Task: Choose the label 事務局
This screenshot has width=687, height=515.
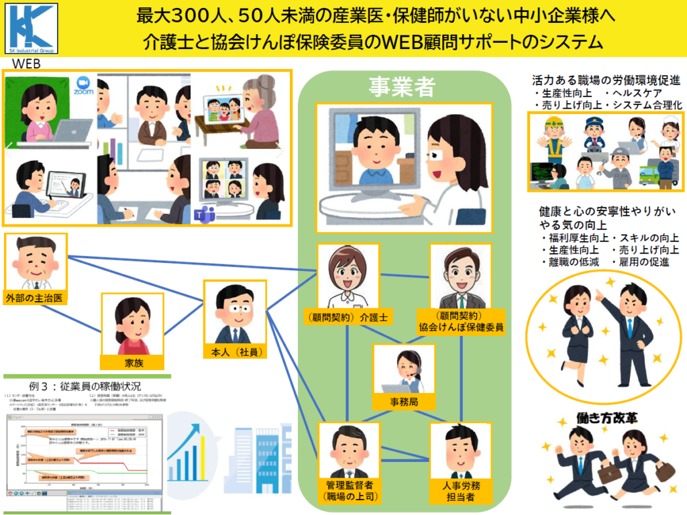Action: click(x=404, y=402)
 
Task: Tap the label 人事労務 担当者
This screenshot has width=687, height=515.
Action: click(x=460, y=491)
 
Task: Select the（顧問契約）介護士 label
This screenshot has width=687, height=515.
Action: click(x=348, y=317)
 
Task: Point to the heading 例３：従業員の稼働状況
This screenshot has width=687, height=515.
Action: click(x=85, y=386)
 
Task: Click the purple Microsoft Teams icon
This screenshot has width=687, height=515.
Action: click(x=200, y=214)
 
